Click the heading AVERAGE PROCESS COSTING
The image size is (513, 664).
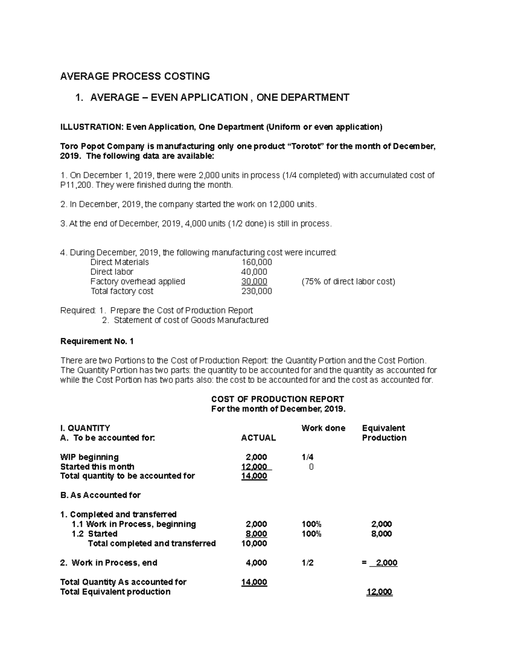coord(135,77)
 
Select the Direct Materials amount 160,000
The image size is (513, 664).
coord(256,262)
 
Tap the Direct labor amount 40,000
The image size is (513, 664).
coord(254,272)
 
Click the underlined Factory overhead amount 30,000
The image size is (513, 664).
coord(254,281)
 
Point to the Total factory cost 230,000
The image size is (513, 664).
coord(256,291)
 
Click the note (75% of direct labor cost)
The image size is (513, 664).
coord(348,281)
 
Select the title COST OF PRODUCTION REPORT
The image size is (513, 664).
coord(277,399)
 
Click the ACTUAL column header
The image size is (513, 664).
coord(258,438)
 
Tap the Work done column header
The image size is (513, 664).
coord(323,428)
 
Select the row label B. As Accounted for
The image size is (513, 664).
coord(100,495)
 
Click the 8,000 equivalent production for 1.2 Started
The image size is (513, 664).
coord(382,534)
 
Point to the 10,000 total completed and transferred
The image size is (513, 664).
coord(254,543)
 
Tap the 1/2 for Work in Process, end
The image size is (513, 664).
coord(307,563)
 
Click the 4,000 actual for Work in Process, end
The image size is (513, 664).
coord(256,563)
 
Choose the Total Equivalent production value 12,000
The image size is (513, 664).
coord(380,592)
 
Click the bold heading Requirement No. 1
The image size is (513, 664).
coord(97,341)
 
